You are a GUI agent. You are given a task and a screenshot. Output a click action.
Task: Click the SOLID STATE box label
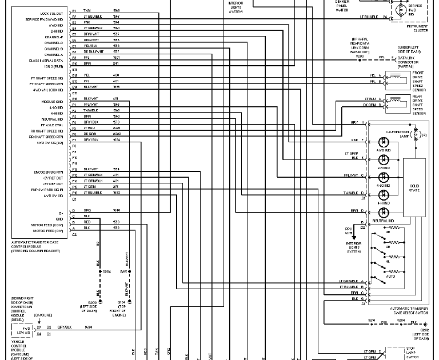pos(414,188)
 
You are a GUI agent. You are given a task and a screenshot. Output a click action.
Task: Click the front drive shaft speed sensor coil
pos(394,79)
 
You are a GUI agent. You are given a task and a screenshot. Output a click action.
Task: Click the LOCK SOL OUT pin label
pos(52,13)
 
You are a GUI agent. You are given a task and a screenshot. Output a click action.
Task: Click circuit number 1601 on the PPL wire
pos(116,57)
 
